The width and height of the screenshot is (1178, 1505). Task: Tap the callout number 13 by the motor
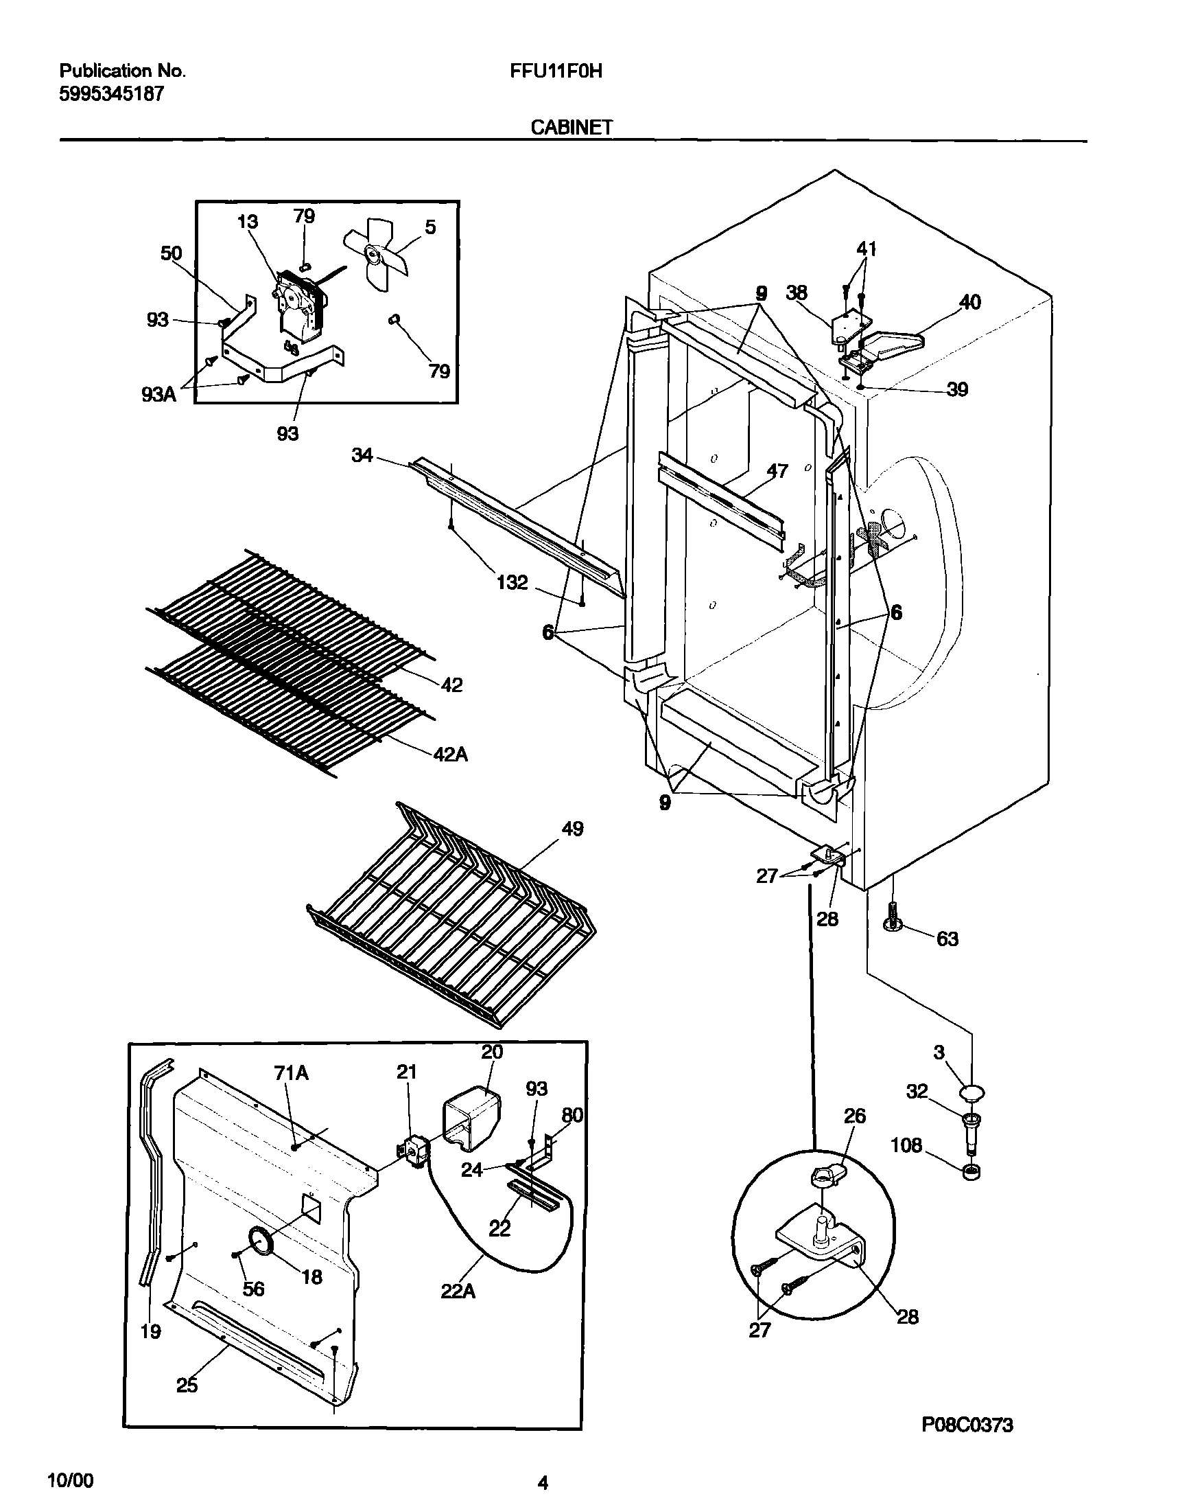click(247, 222)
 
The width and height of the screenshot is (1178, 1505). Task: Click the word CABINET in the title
click(572, 127)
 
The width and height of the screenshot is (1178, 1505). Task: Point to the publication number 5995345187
click(112, 94)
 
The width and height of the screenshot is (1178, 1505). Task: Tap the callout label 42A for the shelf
click(450, 755)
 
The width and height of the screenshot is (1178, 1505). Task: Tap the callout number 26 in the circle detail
click(855, 1116)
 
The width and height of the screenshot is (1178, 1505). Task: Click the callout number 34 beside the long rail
click(362, 455)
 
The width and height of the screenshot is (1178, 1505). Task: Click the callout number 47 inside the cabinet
click(777, 470)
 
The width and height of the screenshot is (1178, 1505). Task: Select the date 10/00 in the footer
click(71, 1481)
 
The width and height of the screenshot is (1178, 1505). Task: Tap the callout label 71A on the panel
click(291, 1072)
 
